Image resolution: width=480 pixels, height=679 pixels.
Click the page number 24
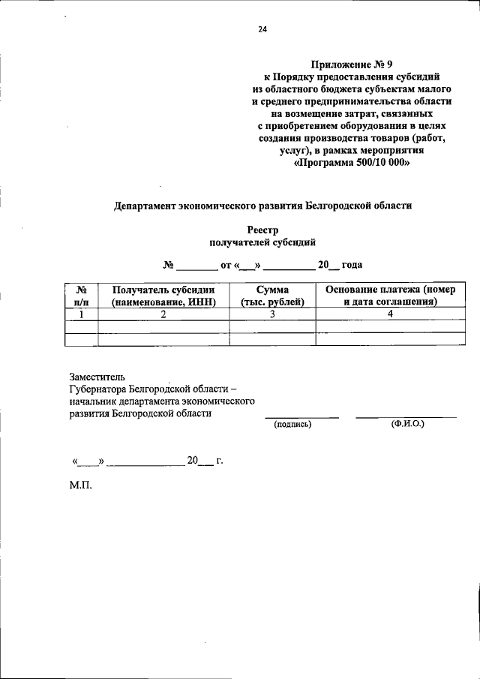pyautogui.click(x=262, y=30)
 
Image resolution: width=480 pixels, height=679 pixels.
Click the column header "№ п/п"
pyautogui.click(x=82, y=296)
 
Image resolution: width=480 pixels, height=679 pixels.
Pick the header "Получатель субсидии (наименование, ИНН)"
pyautogui.click(x=163, y=296)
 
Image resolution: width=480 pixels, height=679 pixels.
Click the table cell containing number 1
pyautogui.click(x=82, y=314)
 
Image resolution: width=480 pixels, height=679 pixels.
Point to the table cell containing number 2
pyautogui.click(x=163, y=314)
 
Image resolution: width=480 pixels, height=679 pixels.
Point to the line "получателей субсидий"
pyautogui.click(x=262, y=242)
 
